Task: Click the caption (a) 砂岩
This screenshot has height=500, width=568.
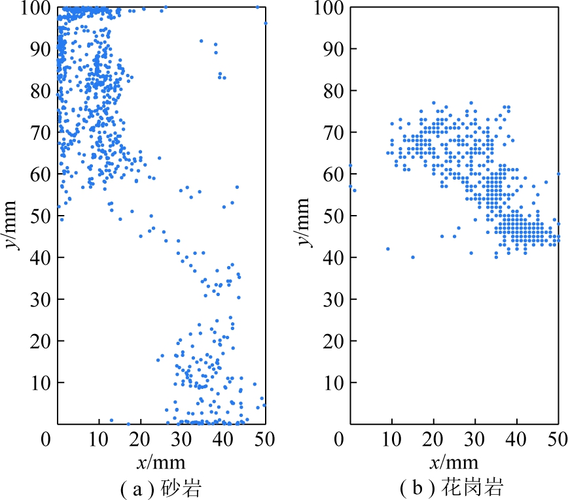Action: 161,488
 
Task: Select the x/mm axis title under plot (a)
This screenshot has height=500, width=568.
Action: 161,463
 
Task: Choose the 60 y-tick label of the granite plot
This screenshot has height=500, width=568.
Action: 334,175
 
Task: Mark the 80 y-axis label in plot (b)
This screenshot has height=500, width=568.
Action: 334,91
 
